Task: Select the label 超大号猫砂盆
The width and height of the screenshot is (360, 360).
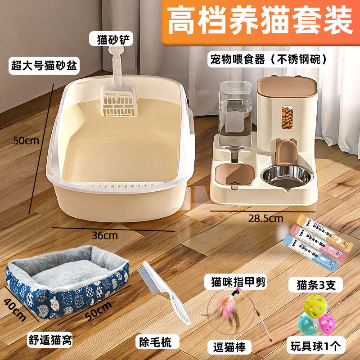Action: [x=45, y=67]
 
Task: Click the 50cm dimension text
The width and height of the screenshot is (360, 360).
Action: [x=26, y=140]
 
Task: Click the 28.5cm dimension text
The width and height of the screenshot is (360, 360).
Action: [x=265, y=219]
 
